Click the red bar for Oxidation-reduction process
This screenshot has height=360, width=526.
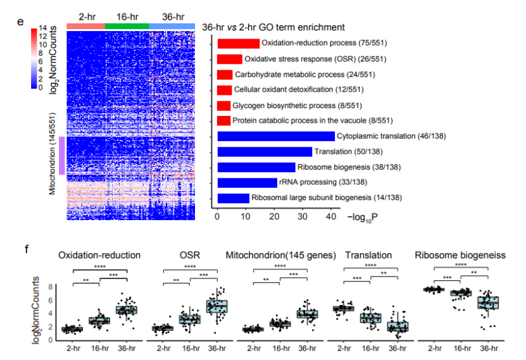pyautogui.click(x=239, y=44)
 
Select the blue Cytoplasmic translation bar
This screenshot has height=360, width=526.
pyautogui.click(x=276, y=136)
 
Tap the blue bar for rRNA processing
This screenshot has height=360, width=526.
pyautogui.click(x=247, y=183)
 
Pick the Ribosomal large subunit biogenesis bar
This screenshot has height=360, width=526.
pyautogui.click(x=234, y=198)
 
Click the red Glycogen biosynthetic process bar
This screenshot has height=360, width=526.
pyautogui.click(x=223, y=106)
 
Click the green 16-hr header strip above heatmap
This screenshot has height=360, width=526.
pyautogui.click(x=127, y=26)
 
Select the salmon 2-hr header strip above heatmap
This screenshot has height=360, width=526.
pyautogui.click(x=86, y=26)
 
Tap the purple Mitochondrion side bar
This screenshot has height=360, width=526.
pyautogui.click(x=62, y=156)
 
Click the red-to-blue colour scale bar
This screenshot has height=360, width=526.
pyautogui.click(x=34, y=59)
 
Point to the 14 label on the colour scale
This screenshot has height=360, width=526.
pyautogui.click(x=42, y=28)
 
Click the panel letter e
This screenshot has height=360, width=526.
pyautogui.click(x=20, y=22)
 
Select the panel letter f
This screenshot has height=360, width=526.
pyautogui.click(x=27, y=249)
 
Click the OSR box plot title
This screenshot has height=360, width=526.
pyautogui.click(x=190, y=255)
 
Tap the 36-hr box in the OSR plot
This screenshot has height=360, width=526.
pyautogui.click(x=217, y=306)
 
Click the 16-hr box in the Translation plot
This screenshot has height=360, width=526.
pyautogui.click(x=371, y=318)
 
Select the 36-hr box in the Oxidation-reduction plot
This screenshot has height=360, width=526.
pyautogui.click(x=127, y=310)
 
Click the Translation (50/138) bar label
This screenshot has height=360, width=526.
pyautogui.click(x=348, y=151)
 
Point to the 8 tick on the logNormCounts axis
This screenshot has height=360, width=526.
pyautogui.click(x=50, y=287)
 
